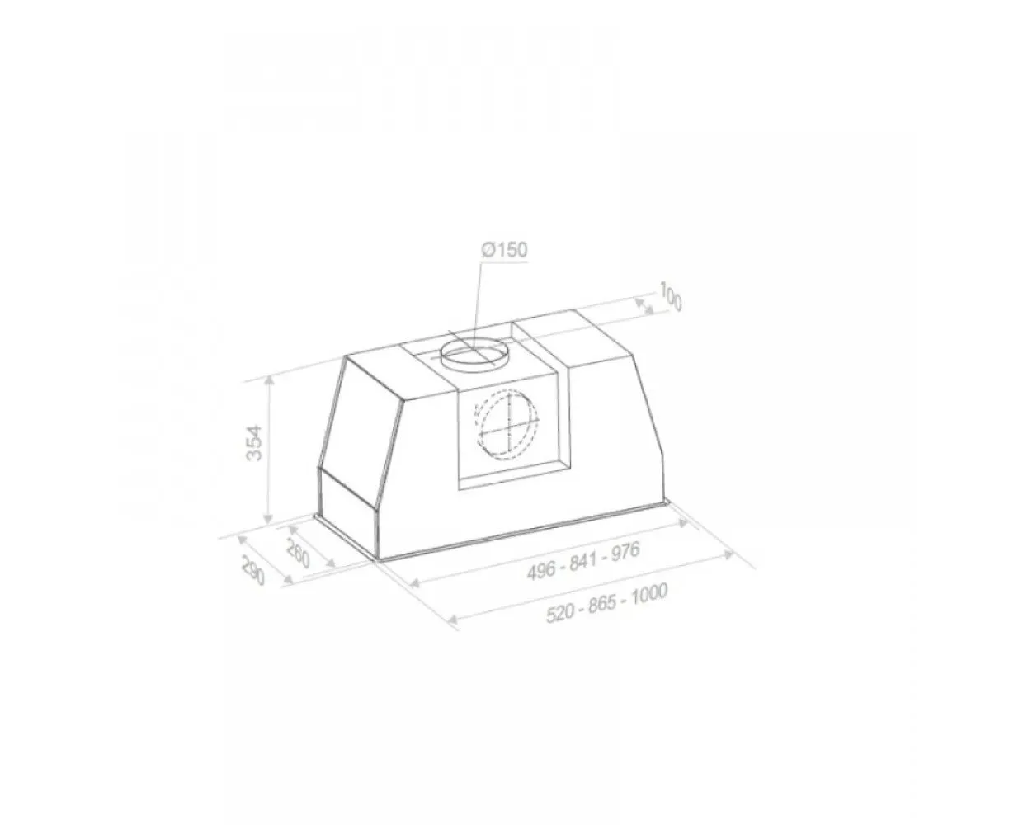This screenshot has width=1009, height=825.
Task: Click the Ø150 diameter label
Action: pyautogui.click(x=504, y=250)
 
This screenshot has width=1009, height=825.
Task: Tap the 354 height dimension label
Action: pyautogui.click(x=254, y=443)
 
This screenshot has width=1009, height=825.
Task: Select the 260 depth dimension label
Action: pyautogui.click(x=298, y=554)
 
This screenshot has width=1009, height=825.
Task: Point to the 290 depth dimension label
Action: pyautogui.click(x=252, y=570)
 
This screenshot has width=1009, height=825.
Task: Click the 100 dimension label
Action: pyautogui.click(x=670, y=297)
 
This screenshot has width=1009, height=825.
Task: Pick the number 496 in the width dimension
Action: pyautogui.click(x=541, y=570)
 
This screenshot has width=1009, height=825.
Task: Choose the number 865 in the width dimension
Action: pyautogui.click(x=602, y=604)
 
